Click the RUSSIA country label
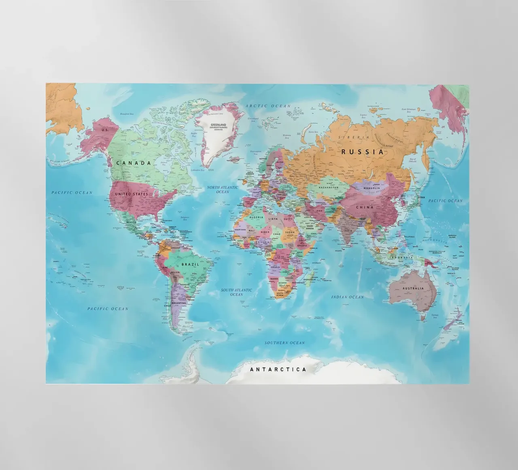[362, 152]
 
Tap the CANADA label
[134, 163]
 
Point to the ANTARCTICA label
[278, 370]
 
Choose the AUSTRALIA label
[413, 288]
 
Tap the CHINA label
[364, 207]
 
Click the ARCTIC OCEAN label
[268, 106]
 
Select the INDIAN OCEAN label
[347, 297]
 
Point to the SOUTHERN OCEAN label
[284, 343]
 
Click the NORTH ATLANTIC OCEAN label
[222, 190]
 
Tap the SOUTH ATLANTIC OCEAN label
[236, 292]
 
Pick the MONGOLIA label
[372, 188]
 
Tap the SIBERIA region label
[354, 137]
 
